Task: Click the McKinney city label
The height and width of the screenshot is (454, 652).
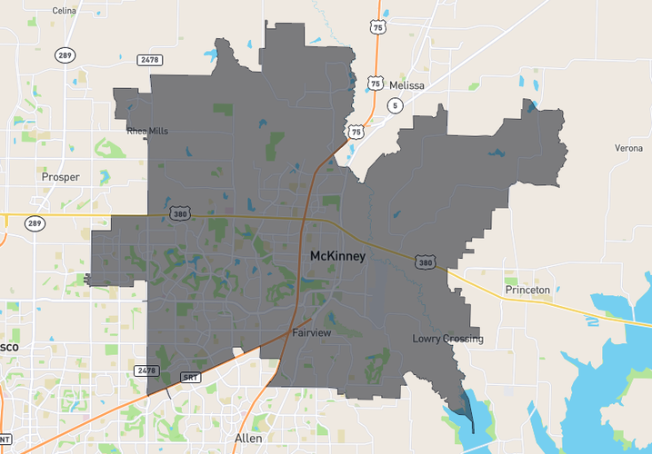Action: coord(337,257)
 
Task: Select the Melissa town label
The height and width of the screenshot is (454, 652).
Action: coord(406,85)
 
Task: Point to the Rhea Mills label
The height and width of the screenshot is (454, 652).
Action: coord(147,131)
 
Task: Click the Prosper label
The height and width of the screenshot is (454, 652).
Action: coord(61,177)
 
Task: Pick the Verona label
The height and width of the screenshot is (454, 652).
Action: coord(628,148)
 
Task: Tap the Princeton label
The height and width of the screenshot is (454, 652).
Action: coord(527,290)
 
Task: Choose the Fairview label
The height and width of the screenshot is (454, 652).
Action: coord(312,333)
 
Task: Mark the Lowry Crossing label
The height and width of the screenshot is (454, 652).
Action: coord(447,340)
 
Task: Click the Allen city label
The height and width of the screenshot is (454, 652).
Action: coord(248,439)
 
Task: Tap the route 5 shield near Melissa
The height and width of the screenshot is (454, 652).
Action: coord(394,106)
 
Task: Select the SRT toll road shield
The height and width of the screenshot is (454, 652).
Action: coord(190,377)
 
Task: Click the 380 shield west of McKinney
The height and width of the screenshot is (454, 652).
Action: coord(179,213)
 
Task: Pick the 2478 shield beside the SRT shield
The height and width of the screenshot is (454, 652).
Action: coord(146,370)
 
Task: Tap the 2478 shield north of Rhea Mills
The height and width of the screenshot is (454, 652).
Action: coord(150,60)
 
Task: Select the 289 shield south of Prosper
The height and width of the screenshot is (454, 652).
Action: coord(35,223)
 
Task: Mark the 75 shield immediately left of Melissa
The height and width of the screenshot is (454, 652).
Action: coord(376,83)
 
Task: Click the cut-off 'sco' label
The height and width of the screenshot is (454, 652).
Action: coord(10,348)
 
